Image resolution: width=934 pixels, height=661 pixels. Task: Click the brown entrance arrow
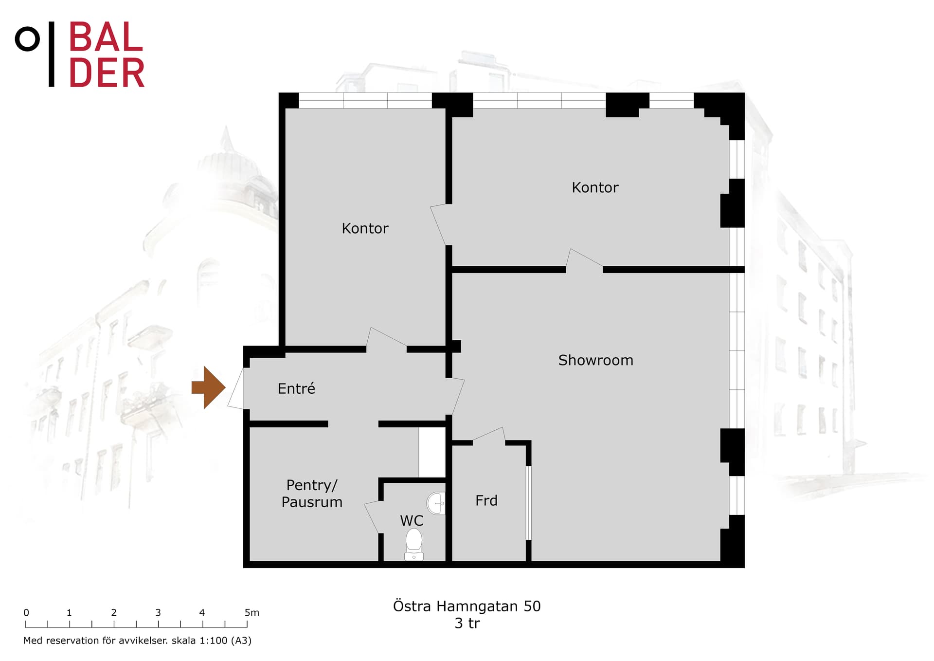(x=209, y=387)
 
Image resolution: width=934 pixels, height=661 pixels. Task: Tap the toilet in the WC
(x=414, y=545)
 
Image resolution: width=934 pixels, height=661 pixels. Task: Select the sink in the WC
(x=436, y=503)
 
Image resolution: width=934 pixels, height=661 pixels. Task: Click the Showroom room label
(x=595, y=360)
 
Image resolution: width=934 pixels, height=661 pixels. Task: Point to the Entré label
(x=296, y=388)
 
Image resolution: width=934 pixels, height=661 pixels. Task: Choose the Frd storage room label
(x=486, y=500)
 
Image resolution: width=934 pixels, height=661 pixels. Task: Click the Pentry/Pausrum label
(x=312, y=494)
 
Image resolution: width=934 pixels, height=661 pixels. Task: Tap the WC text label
(x=412, y=520)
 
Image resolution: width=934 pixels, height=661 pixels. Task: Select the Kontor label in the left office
(x=365, y=228)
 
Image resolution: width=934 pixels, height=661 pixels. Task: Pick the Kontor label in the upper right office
(x=595, y=187)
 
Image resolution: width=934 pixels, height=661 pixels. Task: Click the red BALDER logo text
(x=107, y=55)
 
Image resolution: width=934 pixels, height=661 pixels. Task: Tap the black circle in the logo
(x=27, y=39)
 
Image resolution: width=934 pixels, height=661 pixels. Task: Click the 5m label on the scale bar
(x=252, y=613)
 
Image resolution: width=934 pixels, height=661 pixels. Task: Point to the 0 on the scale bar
(x=26, y=613)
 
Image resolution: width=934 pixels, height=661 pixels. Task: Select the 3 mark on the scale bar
(x=158, y=613)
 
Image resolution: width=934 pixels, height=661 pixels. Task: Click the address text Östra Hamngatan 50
(x=467, y=606)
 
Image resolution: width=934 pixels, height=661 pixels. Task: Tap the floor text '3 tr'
(x=467, y=623)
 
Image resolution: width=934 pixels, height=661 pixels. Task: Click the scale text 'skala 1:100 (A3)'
(x=212, y=641)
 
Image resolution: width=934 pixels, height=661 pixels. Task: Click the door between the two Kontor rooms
(x=438, y=224)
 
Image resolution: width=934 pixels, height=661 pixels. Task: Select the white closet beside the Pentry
(x=432, y=452)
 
